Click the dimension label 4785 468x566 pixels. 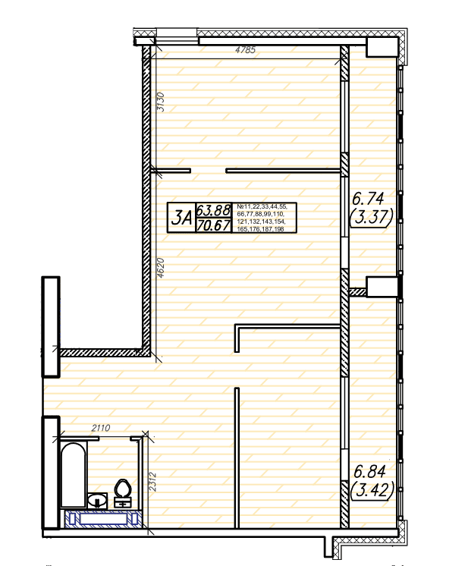tap(245, 49)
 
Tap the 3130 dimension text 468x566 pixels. tap(161, 102)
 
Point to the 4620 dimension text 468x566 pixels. tap(161, 268)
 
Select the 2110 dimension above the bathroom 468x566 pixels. tap(101, 428)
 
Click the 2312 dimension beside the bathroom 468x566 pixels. tap(152, 482)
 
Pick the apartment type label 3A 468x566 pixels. tap(181, 218)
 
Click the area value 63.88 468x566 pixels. tap(213, 209)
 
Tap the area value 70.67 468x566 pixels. tap(213, 225)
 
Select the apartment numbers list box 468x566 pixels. tap(264, 218)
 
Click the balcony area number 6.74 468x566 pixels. tap(368, 199)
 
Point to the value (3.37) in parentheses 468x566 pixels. tap(372, 217)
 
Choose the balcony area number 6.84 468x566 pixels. tap(369, 471)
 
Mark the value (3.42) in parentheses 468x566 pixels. tap(372, 490)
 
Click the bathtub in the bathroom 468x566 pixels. tap(74, 474)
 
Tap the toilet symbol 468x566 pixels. tap(123, 492)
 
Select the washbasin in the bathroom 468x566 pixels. tap(97, 500)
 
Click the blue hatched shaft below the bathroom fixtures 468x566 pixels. tap(103, 519)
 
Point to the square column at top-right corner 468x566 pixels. tap(382, 47)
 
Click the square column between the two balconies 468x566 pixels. tap(382, 287)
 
